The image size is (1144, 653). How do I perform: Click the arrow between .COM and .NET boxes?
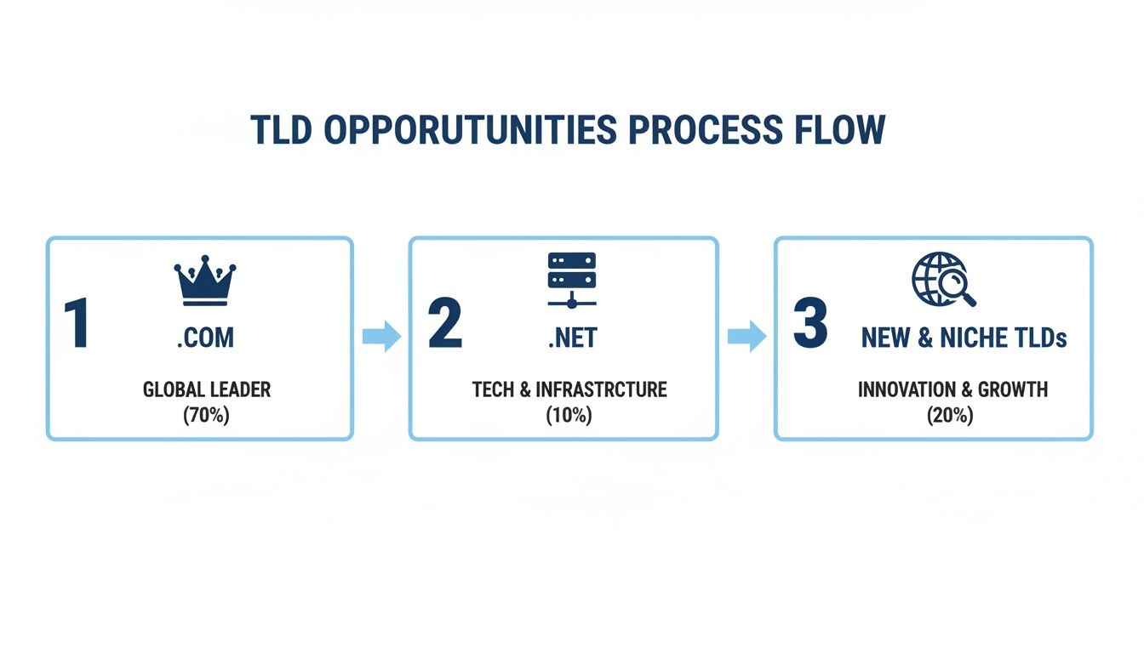click(x=380, y=337)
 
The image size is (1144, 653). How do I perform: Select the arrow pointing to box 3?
click(x=746, y=337)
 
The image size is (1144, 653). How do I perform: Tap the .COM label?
click(x=205, y=338)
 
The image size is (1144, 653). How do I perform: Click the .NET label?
click(x=572, y=338)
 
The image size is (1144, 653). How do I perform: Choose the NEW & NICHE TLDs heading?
click(x=964, y=338)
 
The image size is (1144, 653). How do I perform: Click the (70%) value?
click(x=206, y=416)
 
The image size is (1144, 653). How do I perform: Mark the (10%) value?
click(x=569, y=416)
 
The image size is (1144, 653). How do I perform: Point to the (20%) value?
click(x=951, y=416)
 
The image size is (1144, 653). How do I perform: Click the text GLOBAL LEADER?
click(x=207, y=390)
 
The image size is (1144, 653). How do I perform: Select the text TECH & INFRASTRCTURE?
click(x=569, y=390)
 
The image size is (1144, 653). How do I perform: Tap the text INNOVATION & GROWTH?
click(x=952, y=390)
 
